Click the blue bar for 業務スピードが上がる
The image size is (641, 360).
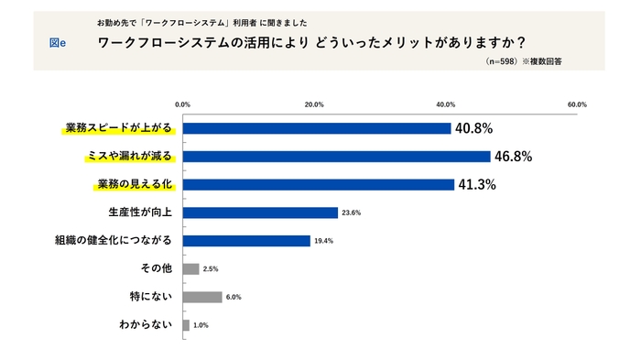[317, 128]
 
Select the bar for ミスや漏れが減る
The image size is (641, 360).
[336, 157]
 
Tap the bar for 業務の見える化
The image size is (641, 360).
[319, 184]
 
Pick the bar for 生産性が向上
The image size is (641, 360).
[260, 213]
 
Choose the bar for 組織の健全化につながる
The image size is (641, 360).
[246, 241]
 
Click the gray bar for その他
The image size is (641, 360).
[191, 269]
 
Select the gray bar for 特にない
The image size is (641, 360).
[202, 297]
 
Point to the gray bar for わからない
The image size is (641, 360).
[187, 325]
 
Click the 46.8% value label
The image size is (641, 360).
[513, 157]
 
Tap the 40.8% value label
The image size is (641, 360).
[474, 128]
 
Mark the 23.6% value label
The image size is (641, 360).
[352, 213]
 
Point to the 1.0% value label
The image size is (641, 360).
[201, 325]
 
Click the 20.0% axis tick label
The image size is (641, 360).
[314, 104]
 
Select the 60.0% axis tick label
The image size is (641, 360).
[577, 104]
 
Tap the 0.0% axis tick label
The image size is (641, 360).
[183, 104]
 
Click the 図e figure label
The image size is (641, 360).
[57, 43]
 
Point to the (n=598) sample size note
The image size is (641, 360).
[502, 61]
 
